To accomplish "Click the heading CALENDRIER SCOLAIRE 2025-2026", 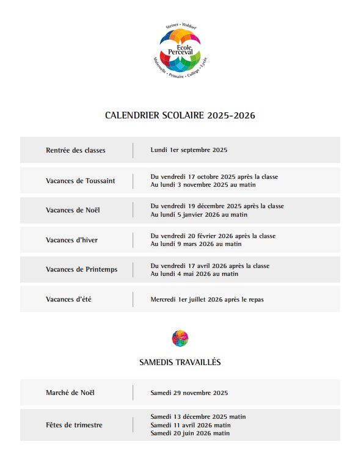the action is [x=180, y=115].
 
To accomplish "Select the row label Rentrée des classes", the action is [x=75, y=150].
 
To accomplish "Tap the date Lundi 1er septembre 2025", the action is [x=189, y=150].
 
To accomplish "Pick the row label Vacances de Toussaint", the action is [x=80, y=181].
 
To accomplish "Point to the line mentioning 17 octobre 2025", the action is [x=214, y=176].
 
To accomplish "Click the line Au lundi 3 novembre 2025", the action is [x=203, y=185].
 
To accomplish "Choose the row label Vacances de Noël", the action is [x=73, y=210].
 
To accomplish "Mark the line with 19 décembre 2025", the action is [x=217, y=206].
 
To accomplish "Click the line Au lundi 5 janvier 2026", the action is [x=199, y=215].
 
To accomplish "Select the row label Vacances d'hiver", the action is [x=71, y=240].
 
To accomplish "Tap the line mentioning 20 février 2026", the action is [x=213, y=236].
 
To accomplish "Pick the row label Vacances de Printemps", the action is [x=81, y=269].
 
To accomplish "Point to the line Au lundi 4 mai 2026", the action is [x=194, y=274].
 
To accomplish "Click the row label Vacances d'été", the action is [x=68, y=299].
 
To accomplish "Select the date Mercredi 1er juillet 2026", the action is [x=207, y=300].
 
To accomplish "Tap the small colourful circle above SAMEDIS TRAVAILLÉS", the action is [x=180, y=338].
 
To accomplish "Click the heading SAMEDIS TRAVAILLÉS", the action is [x=180, y=362].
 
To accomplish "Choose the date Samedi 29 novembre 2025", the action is [x=189, y=393].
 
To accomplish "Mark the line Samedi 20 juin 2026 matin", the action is [x=190, y=433].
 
